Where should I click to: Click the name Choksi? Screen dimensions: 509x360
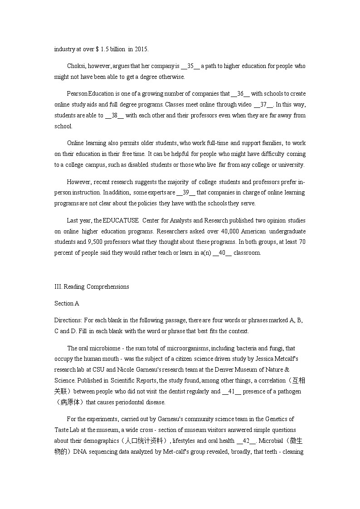(x=76, y=66)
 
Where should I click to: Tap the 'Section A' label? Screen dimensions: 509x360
(x=67, y=304)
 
